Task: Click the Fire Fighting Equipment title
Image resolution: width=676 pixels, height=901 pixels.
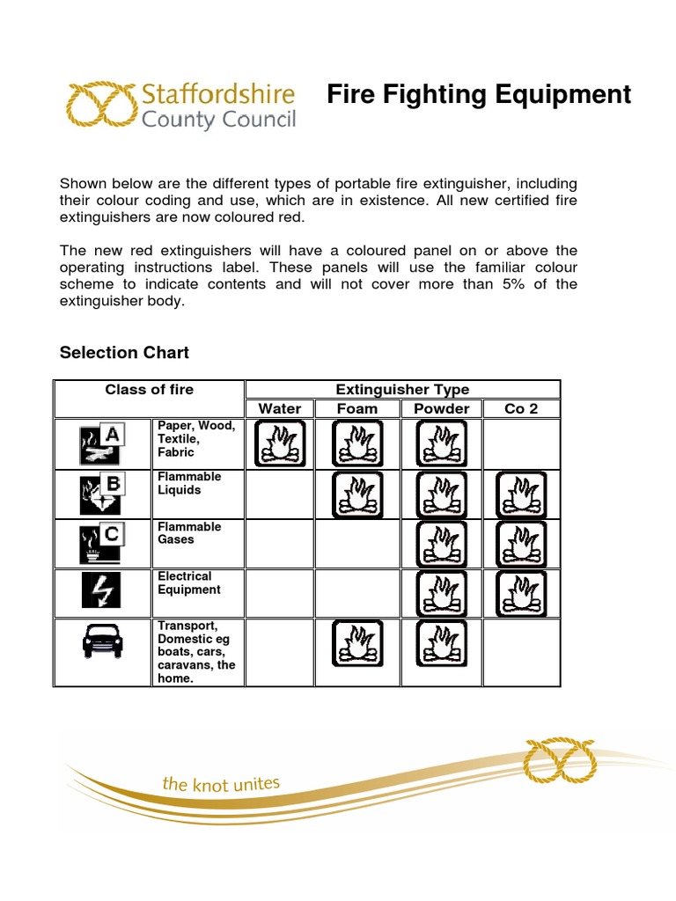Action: (479, 94)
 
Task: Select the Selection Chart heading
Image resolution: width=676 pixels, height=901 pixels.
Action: (124, 353)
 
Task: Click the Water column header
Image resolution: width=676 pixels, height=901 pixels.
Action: (280, 408)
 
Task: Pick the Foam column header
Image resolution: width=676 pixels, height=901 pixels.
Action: (357, 408)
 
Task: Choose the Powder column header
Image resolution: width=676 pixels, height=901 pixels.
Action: (442, 408)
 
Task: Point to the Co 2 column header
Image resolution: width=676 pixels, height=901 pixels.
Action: (521, 408)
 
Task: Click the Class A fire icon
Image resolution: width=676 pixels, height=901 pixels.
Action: (102, 443)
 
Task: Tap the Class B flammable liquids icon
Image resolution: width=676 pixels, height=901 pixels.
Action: (102, 494)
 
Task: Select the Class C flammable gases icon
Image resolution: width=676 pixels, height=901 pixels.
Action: (102, 544)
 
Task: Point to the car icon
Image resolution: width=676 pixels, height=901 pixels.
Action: (102, 640)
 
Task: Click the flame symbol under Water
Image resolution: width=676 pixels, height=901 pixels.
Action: (280, 443)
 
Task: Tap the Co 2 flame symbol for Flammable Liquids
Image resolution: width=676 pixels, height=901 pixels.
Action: (521, 494)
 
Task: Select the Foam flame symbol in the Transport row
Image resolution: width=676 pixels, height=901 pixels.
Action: (357, 642)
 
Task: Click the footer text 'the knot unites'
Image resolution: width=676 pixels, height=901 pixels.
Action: (220, 783)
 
